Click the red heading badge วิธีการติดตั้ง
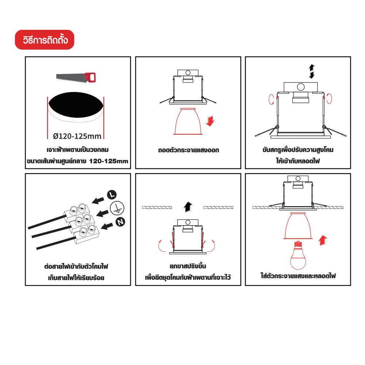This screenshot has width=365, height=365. [x=45, y=39]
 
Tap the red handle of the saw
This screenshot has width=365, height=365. [x=91, y=77]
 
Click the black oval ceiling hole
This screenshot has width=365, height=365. [x=76, y=105]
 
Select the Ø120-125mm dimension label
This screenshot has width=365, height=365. [x=77, y=136]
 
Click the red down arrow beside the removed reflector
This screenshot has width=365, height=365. [x=210, y=121]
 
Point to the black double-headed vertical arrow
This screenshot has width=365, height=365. [x=312, y=72]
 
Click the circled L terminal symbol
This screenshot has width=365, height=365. [x=112, y=195]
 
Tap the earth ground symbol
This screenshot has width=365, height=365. [x=117, y=208]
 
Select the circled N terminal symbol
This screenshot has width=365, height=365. [x=120, y=222]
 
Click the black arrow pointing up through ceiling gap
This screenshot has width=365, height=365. [x=188, y=207]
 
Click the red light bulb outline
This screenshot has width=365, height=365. [x=298, y=255]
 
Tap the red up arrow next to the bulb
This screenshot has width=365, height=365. [x=323, y=241]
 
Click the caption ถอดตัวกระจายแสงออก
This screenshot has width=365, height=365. [x=189, y=150]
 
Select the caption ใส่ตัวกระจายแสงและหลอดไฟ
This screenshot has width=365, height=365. [x=298, y=276]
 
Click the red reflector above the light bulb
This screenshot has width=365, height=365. [x=298, y=226]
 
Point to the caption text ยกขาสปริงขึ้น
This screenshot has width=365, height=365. [x=188, y=266]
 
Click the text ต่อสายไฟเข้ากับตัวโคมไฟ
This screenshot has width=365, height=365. [x=76, y=266]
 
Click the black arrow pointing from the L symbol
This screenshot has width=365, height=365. [x=98, y=200]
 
